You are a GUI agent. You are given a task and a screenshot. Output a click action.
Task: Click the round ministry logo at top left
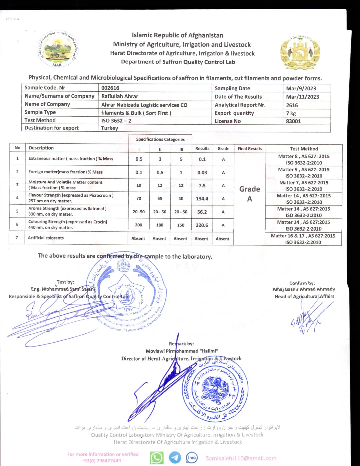[57, 49]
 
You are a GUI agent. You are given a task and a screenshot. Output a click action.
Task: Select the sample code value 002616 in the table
[110, 88]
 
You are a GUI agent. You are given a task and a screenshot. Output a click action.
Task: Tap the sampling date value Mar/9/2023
[301, 88]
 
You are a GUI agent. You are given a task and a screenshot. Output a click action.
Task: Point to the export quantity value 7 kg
[291, 113]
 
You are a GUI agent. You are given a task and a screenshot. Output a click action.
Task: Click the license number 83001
[293, 121]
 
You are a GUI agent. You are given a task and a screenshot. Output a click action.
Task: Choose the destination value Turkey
[110, 128]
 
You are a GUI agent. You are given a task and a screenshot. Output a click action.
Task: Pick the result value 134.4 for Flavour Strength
[202, 199]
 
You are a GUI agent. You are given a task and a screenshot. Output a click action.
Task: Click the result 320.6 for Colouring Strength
[202, 225]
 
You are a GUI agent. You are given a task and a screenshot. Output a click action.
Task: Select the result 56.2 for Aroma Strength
[202, 212]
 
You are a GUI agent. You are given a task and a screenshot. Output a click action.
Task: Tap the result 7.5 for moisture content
[202, 186]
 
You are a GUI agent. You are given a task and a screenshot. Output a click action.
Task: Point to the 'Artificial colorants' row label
[46, 238]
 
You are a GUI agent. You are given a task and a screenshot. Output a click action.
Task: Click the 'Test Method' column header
[304, 149]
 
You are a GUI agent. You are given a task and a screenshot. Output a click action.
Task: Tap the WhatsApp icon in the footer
[157, 458]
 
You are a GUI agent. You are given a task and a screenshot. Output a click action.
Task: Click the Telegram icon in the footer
[175, 458]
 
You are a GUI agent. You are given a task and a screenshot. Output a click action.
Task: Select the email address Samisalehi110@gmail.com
[241, 458]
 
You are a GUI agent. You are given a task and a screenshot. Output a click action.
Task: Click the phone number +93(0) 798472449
[101, 461]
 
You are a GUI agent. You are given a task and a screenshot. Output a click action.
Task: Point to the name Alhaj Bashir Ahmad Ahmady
[304, 289]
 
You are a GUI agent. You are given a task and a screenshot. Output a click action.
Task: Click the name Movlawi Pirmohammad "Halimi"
[182, 351]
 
